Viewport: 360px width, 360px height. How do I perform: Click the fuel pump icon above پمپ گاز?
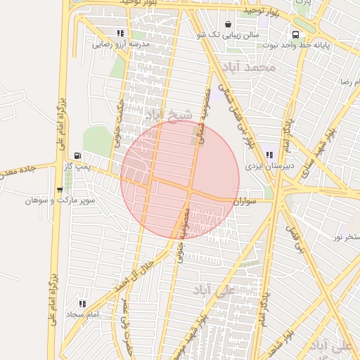point(77,155)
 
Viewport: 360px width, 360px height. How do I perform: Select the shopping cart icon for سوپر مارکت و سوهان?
point(59,190)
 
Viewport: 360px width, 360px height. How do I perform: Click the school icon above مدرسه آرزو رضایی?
point(121,33)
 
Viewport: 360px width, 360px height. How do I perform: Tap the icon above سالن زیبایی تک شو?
point(227,25)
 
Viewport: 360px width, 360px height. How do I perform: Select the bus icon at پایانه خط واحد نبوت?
point(295,34)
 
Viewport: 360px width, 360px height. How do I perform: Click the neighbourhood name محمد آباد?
point(248,67)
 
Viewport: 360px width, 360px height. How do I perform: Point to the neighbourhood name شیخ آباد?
point(167,114)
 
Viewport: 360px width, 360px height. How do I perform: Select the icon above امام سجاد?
point(82,304)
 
